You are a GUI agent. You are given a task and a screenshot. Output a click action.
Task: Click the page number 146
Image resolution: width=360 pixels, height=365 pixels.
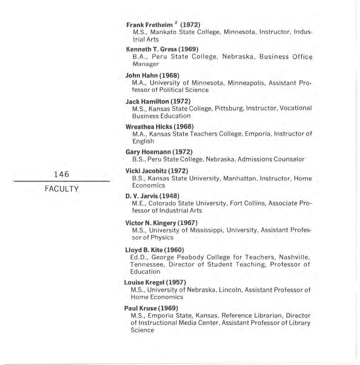click(61, 174)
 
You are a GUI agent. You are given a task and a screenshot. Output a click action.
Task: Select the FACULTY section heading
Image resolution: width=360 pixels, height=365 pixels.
click(62, 189)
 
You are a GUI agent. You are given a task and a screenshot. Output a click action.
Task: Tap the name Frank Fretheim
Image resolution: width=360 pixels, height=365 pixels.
click(149, 25)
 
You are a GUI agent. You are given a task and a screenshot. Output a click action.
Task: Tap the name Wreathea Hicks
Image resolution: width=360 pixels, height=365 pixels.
click(149, 127)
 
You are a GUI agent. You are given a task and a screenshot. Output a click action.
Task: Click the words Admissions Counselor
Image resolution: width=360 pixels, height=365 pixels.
click(271, 159)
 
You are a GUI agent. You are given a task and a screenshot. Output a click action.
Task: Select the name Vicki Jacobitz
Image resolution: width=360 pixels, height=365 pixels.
click(146, 171)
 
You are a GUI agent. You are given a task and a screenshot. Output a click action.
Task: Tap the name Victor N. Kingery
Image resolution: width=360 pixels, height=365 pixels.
click(150, 223)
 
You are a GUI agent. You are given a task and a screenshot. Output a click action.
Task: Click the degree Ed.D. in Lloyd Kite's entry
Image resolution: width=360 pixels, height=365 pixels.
click(139, 257)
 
